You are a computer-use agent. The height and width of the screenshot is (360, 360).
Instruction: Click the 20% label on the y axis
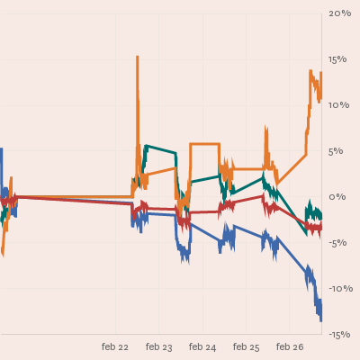coord(339,13)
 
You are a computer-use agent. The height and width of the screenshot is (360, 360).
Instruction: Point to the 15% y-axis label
coord(337,59)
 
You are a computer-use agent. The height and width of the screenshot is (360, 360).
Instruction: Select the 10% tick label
coord(339,105)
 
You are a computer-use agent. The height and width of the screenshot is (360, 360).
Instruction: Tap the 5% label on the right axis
coord(336,151)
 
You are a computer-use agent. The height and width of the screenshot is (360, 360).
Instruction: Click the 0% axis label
coord(337,197)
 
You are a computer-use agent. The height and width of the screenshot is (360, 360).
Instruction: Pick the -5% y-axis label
coord(337,243)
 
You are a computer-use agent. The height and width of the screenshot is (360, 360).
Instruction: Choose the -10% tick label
coord(341,289)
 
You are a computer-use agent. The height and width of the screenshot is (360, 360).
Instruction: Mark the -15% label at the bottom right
coord(339,335)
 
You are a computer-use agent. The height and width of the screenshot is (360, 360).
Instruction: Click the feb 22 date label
coord(115,347)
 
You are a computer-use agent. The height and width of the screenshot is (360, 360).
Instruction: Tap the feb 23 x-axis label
coord(159,347)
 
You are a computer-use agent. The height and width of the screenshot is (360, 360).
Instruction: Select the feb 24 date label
coord(202,347)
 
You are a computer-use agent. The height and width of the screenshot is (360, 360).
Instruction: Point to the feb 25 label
coord(246,347)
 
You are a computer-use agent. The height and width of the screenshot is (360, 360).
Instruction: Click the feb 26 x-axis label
coord(290,347)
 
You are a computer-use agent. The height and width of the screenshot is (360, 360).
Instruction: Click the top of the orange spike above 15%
coord(138,57)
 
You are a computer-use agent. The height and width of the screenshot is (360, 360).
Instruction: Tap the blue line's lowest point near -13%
coord(320,321)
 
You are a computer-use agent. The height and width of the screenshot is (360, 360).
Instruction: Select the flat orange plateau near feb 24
coord(205,144)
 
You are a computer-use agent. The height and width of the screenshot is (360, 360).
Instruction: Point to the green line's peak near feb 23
coord(146,146)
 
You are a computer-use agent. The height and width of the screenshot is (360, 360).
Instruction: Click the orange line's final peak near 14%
coord(310,71)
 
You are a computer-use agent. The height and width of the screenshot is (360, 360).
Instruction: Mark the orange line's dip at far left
coord(3,255)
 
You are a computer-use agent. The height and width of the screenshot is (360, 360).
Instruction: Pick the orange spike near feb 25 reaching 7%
coord(265,127)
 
